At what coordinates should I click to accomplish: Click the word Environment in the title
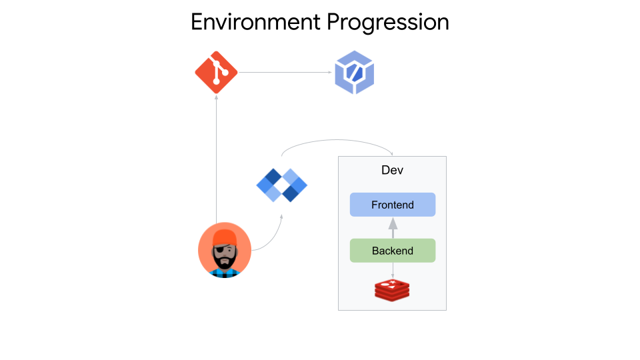[255, 21]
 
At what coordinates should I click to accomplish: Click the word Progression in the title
[387, 23]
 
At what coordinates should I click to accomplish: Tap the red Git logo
[216, 71]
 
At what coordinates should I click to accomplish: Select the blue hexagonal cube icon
[354, 72]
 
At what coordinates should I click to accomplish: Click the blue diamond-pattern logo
[282, 185]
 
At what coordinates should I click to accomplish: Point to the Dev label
[392, 170]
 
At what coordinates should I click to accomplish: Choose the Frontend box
[393, 205]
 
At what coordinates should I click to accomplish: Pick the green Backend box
[393, 251]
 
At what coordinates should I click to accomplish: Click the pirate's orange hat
[225, 235]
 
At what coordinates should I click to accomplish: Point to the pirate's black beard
[225, 262]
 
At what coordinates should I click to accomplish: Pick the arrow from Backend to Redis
[393, 270]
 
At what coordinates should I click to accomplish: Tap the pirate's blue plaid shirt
[225, 273]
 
